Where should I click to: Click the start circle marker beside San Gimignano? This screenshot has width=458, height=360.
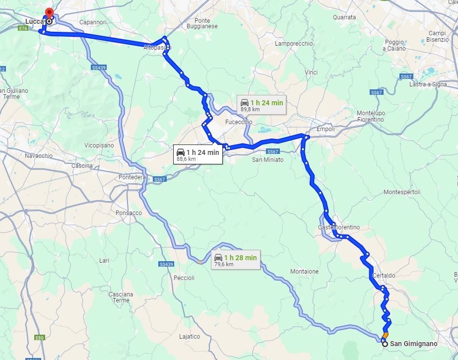(x=385, y=344)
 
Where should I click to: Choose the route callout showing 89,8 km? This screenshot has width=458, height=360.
(x=262, y=105)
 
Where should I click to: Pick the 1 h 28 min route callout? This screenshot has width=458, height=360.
(x=235, y=260)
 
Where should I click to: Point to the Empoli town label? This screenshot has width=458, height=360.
(x=326, y=129)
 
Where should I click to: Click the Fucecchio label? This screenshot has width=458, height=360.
(x=239, y=122)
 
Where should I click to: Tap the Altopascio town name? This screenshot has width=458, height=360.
(x=157, y=47)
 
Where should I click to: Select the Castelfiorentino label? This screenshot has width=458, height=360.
(x=339, y=227)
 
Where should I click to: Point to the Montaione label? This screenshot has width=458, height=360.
(x=305, y=272)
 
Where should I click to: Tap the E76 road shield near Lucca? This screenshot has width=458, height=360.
(x=23, y=29)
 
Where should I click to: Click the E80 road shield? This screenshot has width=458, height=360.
(x=40, y=338)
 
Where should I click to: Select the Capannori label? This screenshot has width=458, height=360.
(x=93, y=22)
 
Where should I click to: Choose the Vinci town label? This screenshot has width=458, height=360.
(x=311, y=72)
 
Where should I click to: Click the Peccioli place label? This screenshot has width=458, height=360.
(x=184, y=278)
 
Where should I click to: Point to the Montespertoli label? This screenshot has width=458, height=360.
(x=402, y=192)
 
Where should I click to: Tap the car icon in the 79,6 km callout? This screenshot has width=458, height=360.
(x=218, y=258)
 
